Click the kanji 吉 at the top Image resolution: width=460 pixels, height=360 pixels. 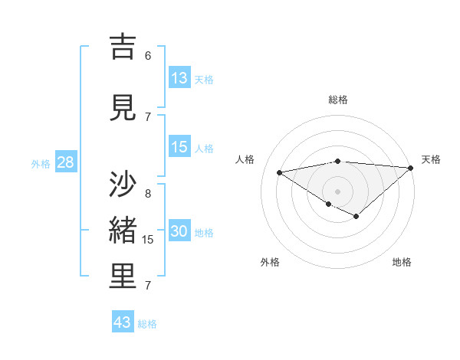(x=123, y=48)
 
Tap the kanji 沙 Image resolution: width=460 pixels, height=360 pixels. (x=123, y=185)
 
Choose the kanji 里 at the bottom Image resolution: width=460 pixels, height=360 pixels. (x=123, y=277)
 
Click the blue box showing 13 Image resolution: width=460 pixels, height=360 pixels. (x=179, y=78)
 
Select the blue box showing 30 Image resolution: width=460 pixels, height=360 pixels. (x=179, y=232)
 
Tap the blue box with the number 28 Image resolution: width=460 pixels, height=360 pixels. (x=65, y=163)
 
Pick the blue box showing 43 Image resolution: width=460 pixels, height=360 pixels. (x=123, y=322)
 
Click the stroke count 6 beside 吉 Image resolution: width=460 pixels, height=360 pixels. (x=148, y=55)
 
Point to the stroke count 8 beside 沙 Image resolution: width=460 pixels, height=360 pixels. (x=148, y=193)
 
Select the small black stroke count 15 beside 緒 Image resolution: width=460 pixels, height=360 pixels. (x=149, y=240)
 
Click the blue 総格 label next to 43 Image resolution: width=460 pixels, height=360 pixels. (x=148, y=324)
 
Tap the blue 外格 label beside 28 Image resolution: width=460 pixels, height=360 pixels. (x=41, y=164)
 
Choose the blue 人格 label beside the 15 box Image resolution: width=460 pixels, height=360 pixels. (x=204, y=149)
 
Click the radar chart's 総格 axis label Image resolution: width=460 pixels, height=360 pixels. (x=338, y=100)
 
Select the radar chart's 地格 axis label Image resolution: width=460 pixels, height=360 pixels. (x=402, y=262)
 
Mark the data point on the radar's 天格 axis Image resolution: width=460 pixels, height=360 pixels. (x=411, y=168)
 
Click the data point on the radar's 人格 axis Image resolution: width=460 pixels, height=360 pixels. (x=280, y=172)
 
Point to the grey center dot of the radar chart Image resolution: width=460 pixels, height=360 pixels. (x=337, y=191)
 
